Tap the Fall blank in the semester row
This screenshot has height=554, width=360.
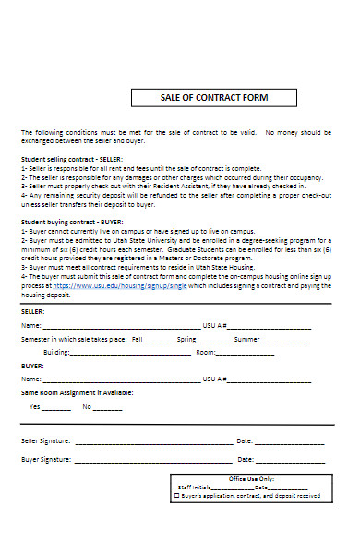click(158, 340)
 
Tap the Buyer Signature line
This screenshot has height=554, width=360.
click(153, 459)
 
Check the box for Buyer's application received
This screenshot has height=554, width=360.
click(178, 496)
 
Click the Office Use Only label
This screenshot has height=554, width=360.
click(252, 479)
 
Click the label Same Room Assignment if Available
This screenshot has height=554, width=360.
click(77, 392)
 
